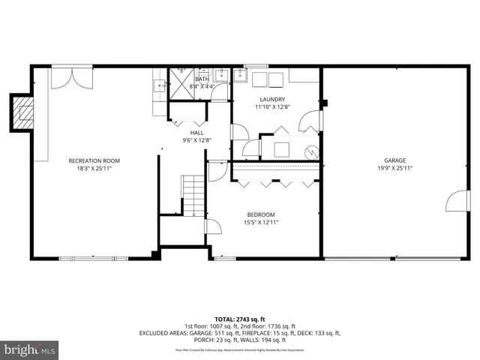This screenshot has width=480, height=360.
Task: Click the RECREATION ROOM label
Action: (x=94, y=160)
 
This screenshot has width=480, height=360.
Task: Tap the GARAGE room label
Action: (x=395, y=160)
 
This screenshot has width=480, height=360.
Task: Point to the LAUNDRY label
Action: (x=272, y=100)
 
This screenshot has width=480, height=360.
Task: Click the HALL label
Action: (x=196, y=132)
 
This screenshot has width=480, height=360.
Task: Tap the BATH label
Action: (x=202, y=79)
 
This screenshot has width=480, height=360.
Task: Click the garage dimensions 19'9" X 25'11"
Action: (x=395, y=168)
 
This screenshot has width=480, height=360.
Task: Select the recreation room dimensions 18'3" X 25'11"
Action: (x=94, y=168)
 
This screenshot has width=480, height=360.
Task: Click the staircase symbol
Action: (x=193, y=195)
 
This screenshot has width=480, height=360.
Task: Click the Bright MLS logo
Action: (x=30, y=349)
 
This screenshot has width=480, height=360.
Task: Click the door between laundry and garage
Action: (x=313, y=121)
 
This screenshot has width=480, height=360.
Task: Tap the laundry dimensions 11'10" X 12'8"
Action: (x=272, y=107)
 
